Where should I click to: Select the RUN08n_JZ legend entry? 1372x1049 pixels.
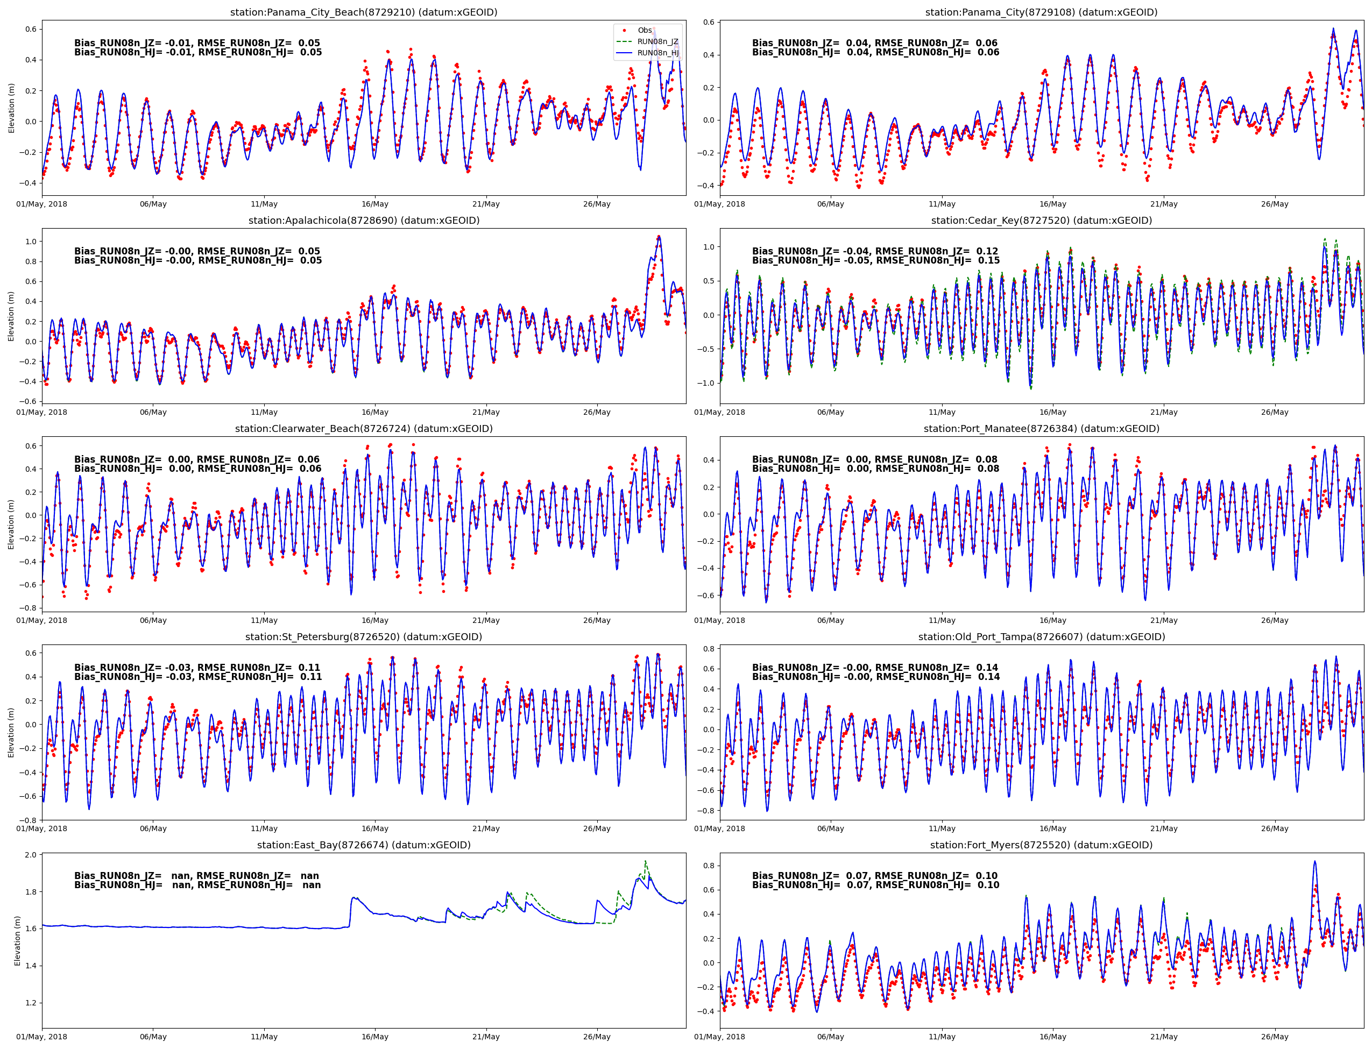click(657, 42)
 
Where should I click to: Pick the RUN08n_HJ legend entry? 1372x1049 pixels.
click(657, 53)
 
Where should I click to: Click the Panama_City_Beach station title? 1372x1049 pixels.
click(364, 12)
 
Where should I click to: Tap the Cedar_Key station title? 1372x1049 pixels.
click(1041, 221)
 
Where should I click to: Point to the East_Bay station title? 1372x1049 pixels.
click(364, 845)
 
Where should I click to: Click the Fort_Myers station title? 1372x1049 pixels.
click(1041, 845)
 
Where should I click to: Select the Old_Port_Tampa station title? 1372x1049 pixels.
click(1041, 637)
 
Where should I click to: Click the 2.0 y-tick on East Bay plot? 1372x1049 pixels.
click(30, 855)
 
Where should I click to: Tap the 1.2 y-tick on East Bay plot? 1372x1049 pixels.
click(30, 1003)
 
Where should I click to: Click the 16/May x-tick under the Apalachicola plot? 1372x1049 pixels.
click(374, 412)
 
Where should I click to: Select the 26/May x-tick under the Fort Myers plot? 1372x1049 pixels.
click(1274, 1037)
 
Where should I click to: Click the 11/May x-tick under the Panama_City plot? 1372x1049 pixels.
click(942, 204)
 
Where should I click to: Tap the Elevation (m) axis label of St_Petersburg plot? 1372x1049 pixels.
click(11, 733)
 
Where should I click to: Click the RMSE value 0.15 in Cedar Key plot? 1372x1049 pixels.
click(988, 260)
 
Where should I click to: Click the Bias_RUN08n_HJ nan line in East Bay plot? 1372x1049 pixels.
click(197, 885)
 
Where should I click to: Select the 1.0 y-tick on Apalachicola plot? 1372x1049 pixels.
click(30, 242)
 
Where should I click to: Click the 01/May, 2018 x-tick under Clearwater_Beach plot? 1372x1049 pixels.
click(42, 620)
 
